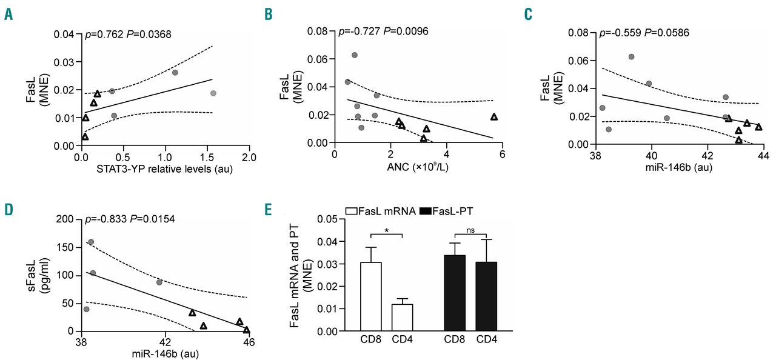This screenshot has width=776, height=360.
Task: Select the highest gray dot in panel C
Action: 631,56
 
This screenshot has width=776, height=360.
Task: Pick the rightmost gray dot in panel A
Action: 213,93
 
